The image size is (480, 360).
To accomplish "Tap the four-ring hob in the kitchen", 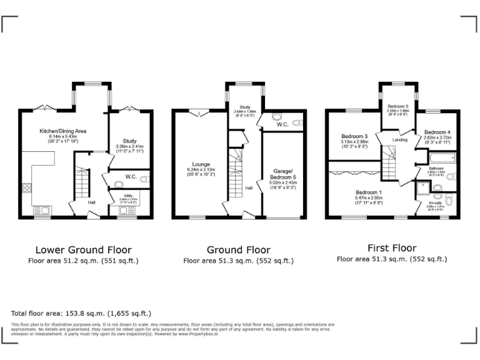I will pos(27,188).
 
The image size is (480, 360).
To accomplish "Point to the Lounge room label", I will pos(200,164).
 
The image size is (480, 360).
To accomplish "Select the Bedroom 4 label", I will pos(436,132).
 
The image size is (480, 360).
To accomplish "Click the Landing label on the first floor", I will pos(400,140).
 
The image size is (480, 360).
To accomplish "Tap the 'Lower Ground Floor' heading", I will pos(83,247).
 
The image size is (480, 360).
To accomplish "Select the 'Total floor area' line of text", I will pos(81,313).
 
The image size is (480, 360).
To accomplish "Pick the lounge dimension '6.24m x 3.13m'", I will pos(200,170).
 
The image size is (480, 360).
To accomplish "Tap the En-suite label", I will pos(434,203).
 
